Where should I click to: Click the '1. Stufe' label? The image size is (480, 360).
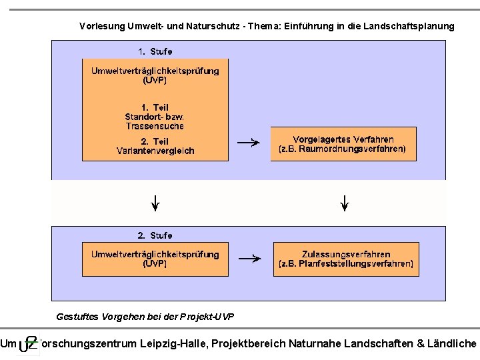pos(155,51)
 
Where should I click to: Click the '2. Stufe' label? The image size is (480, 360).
pos(155,235)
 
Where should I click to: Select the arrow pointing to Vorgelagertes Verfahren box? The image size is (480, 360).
pos(249,142)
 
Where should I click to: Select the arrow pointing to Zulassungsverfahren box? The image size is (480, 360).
pos(249,259)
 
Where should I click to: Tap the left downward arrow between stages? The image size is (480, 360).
pos(155,202)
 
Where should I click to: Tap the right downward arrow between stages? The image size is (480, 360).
pos(345,202)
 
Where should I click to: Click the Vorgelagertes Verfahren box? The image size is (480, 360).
pos(343,144)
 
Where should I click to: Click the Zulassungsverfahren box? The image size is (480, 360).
pos(346,259)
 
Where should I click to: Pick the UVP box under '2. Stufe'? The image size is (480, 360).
pos(155,259)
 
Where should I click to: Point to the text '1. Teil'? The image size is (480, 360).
pos(155,107)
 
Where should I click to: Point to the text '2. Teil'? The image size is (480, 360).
pos(155,141)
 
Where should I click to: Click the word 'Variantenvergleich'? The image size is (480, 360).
pos(155,151)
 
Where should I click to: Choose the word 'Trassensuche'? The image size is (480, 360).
pos(155,126)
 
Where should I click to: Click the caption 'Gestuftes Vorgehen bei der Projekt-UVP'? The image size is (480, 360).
pos(145,316)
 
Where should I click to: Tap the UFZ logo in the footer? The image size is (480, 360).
pos(28,343)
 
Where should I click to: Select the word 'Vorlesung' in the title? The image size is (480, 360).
pos(101,27)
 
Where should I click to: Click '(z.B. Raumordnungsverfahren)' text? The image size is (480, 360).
pos(343,149)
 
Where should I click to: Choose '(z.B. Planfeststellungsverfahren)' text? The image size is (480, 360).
pos(346,264)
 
